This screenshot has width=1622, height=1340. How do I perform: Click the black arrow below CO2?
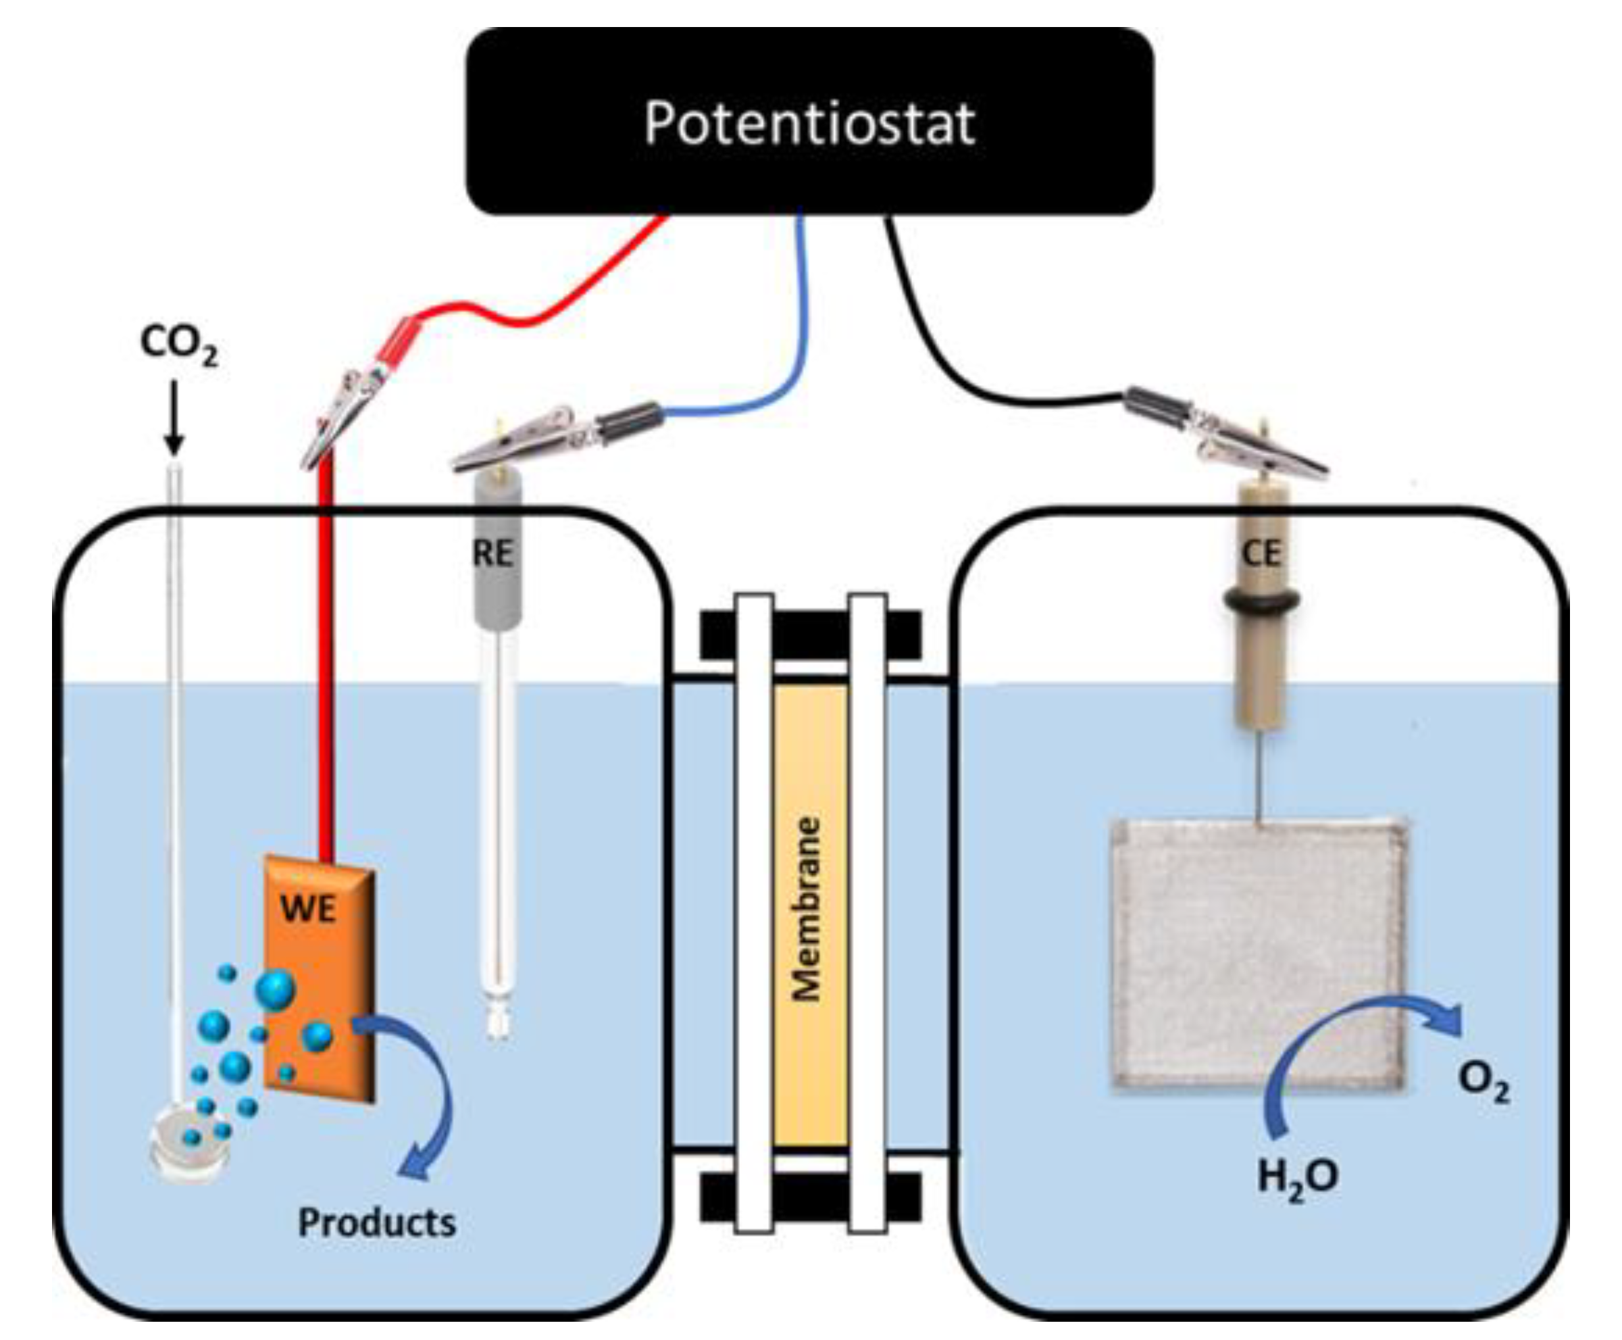point(174,417)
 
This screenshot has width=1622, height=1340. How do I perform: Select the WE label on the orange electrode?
point(309,908)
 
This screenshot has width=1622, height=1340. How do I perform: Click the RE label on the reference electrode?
point(492,553)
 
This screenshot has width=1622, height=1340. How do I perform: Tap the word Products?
point(376,1222)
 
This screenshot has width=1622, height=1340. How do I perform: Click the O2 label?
point(1483,1082)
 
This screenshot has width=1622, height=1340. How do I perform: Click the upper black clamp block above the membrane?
point(810,635)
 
